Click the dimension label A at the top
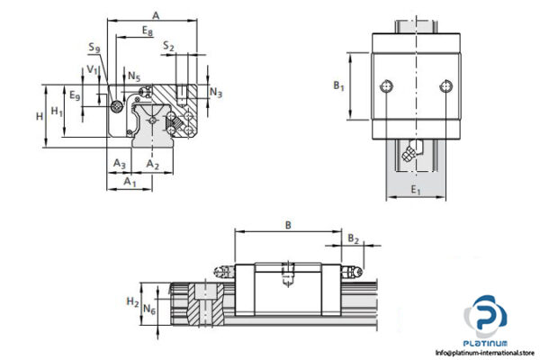click(156, 14)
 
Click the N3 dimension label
click(216, 92)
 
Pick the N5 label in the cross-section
click(133, 76)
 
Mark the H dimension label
click(38, 115)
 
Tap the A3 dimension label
click(118, 163)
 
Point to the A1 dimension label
click(129, 183)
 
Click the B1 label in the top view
click(338, 86)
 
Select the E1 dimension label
click(415, 191)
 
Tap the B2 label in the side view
click(354, 240)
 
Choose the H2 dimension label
click(132, 301)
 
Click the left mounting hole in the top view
click(388, 86)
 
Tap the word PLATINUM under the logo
click(488, 343)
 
